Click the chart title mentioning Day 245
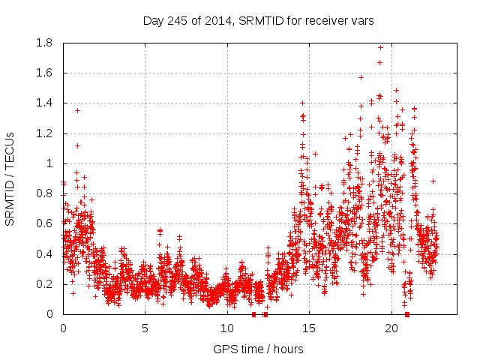point(258,20)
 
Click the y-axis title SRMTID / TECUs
point(10,178)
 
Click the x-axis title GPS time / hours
point(258,349)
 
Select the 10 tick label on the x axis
point(227,328)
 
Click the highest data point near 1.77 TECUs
point(380,47)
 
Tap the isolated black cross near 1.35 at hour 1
point(77,110)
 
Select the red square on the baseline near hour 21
point(407,314)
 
